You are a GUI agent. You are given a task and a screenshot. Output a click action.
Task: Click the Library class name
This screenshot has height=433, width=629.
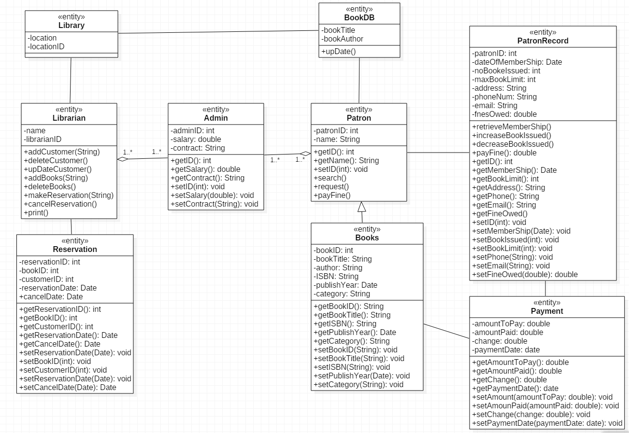pyautogui.click(x=71, y=25)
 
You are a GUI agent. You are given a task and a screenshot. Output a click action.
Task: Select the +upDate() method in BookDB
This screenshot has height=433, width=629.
pyautogui.click(x=338, y=52)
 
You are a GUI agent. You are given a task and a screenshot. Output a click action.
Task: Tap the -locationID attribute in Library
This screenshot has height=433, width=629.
pyautogui.click(x=46, y=47)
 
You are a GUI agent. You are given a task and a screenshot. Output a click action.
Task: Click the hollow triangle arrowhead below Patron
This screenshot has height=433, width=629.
pyautogui.click(x=362, y=207)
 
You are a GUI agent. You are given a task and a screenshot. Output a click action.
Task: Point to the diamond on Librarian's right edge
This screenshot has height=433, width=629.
pyautogui.click(x=123, y=159)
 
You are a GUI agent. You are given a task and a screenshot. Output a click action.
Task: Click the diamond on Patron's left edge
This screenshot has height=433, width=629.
pyautogui.click(x=305, y=154)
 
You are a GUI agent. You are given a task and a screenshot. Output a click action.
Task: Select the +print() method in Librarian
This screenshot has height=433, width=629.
pyautogui.click(x=36, y=213)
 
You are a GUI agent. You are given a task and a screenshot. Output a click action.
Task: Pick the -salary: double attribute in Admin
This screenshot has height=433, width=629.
pyautogui.click(x=196, y=139)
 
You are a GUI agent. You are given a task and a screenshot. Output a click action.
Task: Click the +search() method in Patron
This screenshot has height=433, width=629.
pyautogui.click(x=330, y=178)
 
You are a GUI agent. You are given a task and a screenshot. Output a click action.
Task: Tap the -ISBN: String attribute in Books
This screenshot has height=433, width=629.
pyautogui.click(x=336, y=277)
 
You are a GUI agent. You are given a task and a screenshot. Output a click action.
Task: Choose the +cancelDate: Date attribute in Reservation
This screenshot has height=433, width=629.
pyautogui.click(x=51, y=296)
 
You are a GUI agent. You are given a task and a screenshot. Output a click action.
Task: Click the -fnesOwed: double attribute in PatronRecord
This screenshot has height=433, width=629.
pyautogui.click(x=504, y=114)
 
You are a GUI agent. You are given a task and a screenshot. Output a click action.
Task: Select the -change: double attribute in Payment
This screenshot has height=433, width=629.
pyautogui.click(x=500, y=341)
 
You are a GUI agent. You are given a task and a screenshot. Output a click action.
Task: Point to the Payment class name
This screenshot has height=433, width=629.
pyautogui.click(x=547, y=311)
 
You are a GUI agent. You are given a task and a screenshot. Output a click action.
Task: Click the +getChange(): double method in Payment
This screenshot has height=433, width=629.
pyautogui.click(x=509, y=380)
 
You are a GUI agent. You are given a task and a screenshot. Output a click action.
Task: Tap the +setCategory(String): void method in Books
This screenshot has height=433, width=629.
pyautogui.click(x=358, y=384)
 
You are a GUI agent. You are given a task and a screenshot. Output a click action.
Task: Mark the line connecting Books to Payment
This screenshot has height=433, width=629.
pyautogui.click(x=446, y=331)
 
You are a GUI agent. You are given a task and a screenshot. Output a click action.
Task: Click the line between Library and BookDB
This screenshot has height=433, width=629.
pyautogui.click(x=218, y=32)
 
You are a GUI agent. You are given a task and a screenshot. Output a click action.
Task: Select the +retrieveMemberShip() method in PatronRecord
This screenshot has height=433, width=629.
pyautogui.click(x=512, y=127)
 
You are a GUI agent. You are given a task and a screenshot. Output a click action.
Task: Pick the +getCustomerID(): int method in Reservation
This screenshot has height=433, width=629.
pyautogui.click(x=56, y=327)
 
